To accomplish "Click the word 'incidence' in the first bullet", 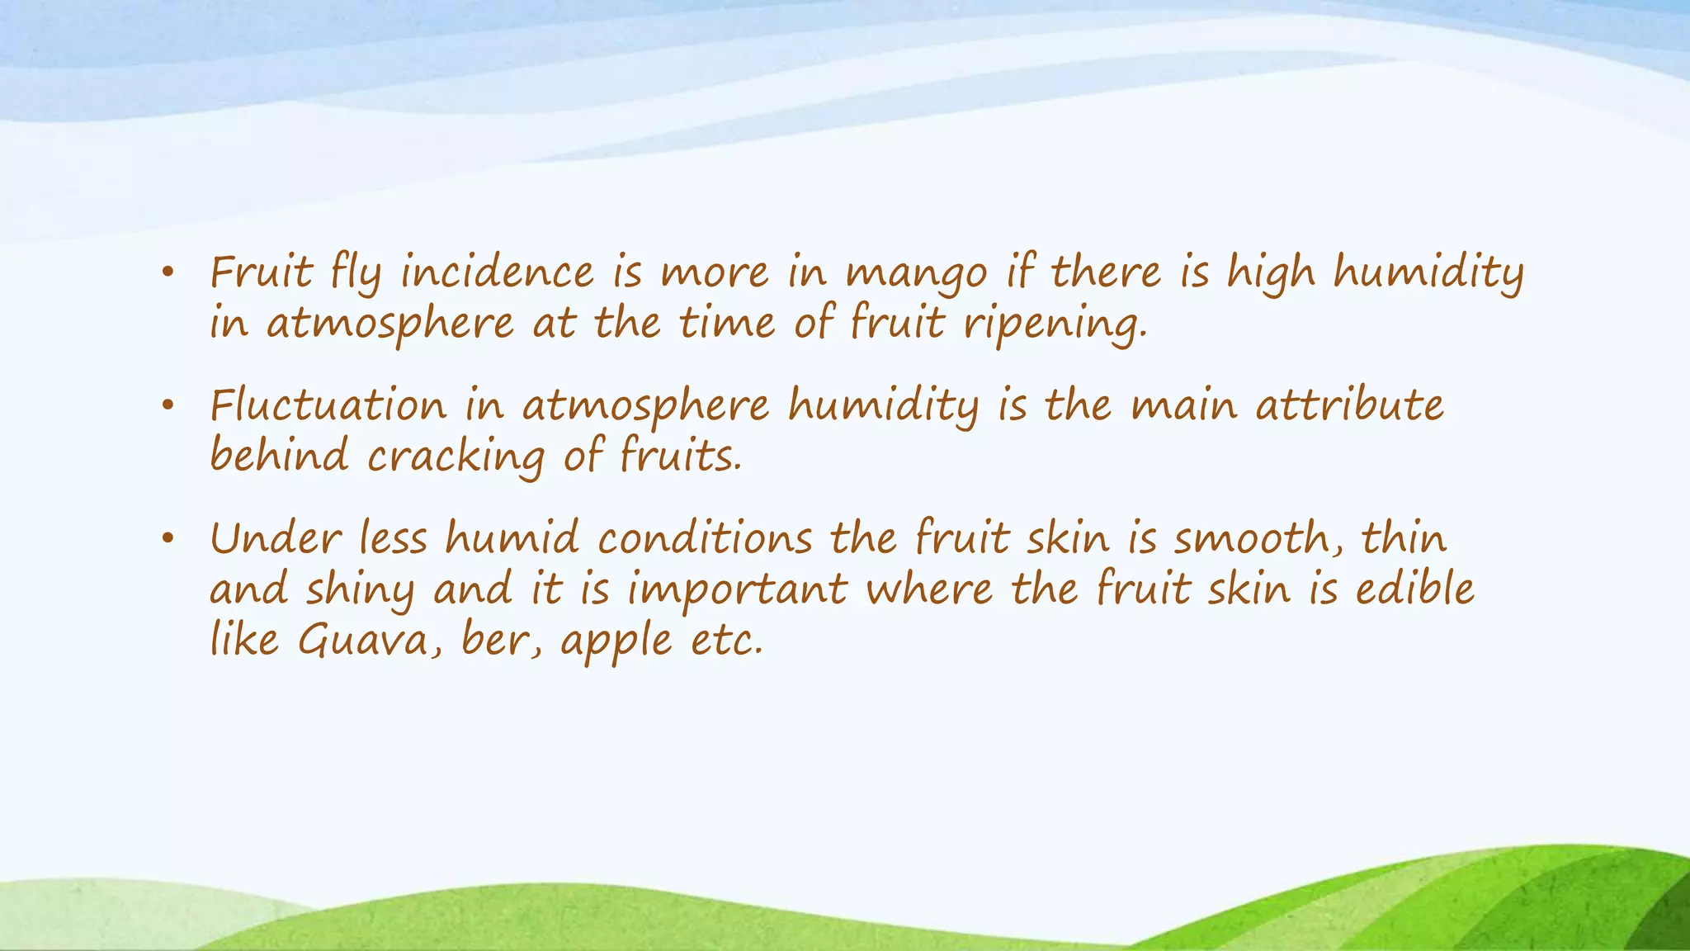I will (x=497, y=272).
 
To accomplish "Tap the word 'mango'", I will (x=916, y=274).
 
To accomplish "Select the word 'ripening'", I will (x=1054, y=324).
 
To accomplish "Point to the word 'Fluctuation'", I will (x=328, y=405).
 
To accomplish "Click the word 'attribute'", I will (x=1349, y=405).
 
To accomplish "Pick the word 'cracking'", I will (x=456, y=457).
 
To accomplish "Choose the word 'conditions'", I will (x=706, y=539).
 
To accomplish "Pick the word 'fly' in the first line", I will (x=356, y=274).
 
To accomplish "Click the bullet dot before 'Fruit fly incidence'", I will (x=168, y=273).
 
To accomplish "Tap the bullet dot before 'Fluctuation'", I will (x=168, y=406).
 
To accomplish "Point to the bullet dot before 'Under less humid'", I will (x=168, y=540).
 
